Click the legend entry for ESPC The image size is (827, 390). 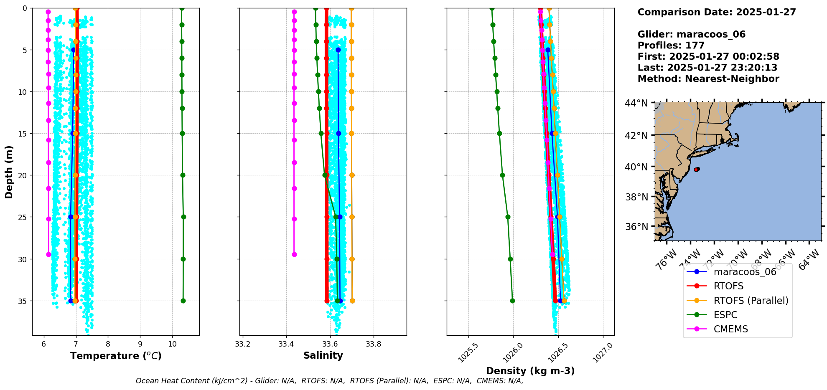pyautogui.click(x=725, y=315)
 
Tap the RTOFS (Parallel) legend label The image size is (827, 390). pyautogui.click(x=751, y=301)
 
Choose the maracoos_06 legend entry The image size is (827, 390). pyautogui.click(x=745, y=272)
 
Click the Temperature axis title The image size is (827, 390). pyautogui.click(x=116, y=356)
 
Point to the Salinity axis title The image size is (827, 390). pyautogui.click(x=323, y=355)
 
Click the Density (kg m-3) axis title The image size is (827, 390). pyautogui.click(x=530, y=371)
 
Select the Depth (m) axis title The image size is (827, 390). pyautogui.click(x=9, y=172)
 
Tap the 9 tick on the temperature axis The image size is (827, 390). pyautogui.click(x=140, y=344)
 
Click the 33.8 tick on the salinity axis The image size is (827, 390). pyautogui.click(x=373, y=344)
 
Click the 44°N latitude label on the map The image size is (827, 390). pyautogui.click(x=636, y=103)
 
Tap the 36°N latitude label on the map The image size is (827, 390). pyautogui.click(x=636, y=227)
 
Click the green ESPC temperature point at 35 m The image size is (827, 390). pyautogui.click(x=183, y=301)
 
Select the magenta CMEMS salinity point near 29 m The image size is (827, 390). pyautogui.click(x=294, y=254)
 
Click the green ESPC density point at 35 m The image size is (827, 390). pyautogui.click(x=512, y=301)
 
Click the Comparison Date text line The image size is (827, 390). pyautogui.click(x=717, y=12)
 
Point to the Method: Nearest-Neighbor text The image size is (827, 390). pyautogui.click(x=708, y=79)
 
